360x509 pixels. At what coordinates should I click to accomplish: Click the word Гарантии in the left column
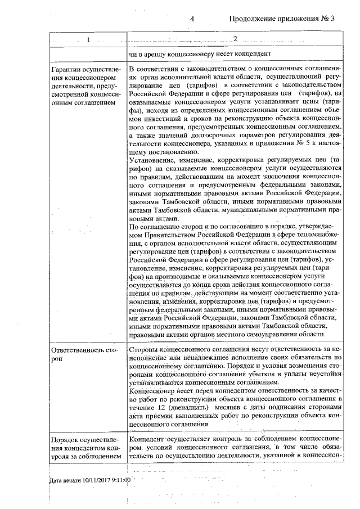[x=65, y=69]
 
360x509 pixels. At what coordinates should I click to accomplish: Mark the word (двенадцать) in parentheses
[x=188, y=405]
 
